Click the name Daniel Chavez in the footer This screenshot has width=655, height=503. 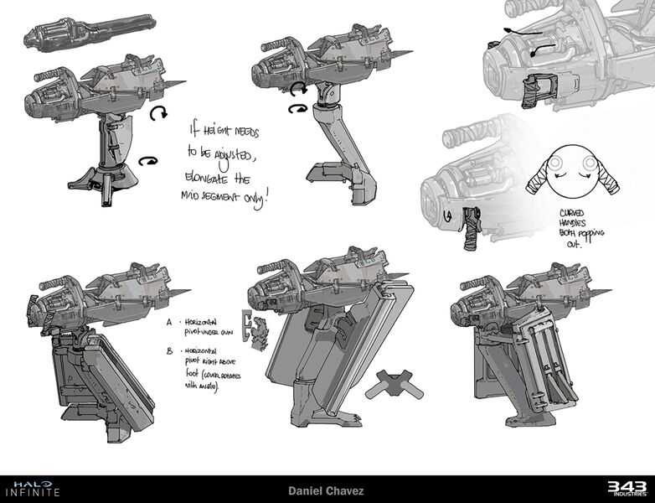[327, 489]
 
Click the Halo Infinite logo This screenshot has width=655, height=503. [31, 488]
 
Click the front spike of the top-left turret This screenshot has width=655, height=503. [178, 86]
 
